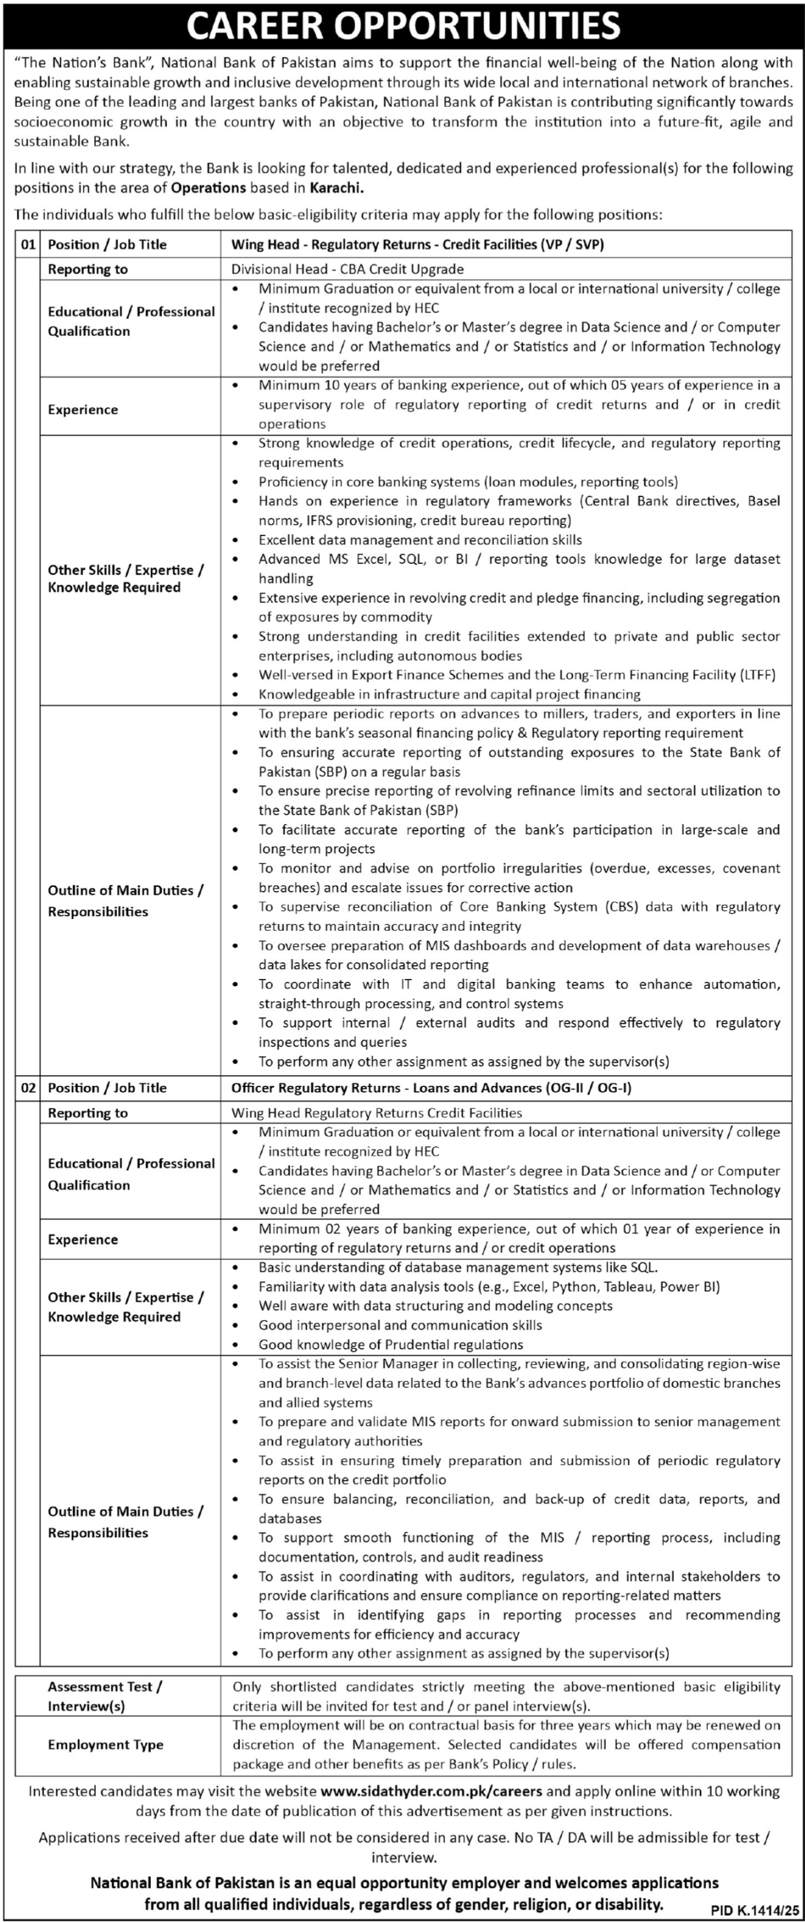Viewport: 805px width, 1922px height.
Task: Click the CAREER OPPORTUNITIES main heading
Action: click(x=403, y=25)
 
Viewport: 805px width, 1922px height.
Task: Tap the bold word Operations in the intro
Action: click(x=209, y=189)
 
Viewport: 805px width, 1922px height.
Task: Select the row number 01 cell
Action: click(x=28, y=244)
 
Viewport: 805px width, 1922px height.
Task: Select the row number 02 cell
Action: click(x=28, y=1088)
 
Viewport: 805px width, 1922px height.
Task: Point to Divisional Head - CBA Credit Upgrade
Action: click(x=347, y=270)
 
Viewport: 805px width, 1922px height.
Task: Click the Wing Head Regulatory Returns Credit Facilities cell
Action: click(x=376, y=1113)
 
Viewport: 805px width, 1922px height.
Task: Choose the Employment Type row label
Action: click(x=105, y=1745)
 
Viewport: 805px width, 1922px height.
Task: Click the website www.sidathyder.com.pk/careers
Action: click(x=431, y=1791)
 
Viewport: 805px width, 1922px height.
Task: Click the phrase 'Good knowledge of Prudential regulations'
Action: click(x=390, y=1344)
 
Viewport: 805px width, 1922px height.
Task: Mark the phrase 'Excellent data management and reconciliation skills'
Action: click(x=420, y=539)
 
